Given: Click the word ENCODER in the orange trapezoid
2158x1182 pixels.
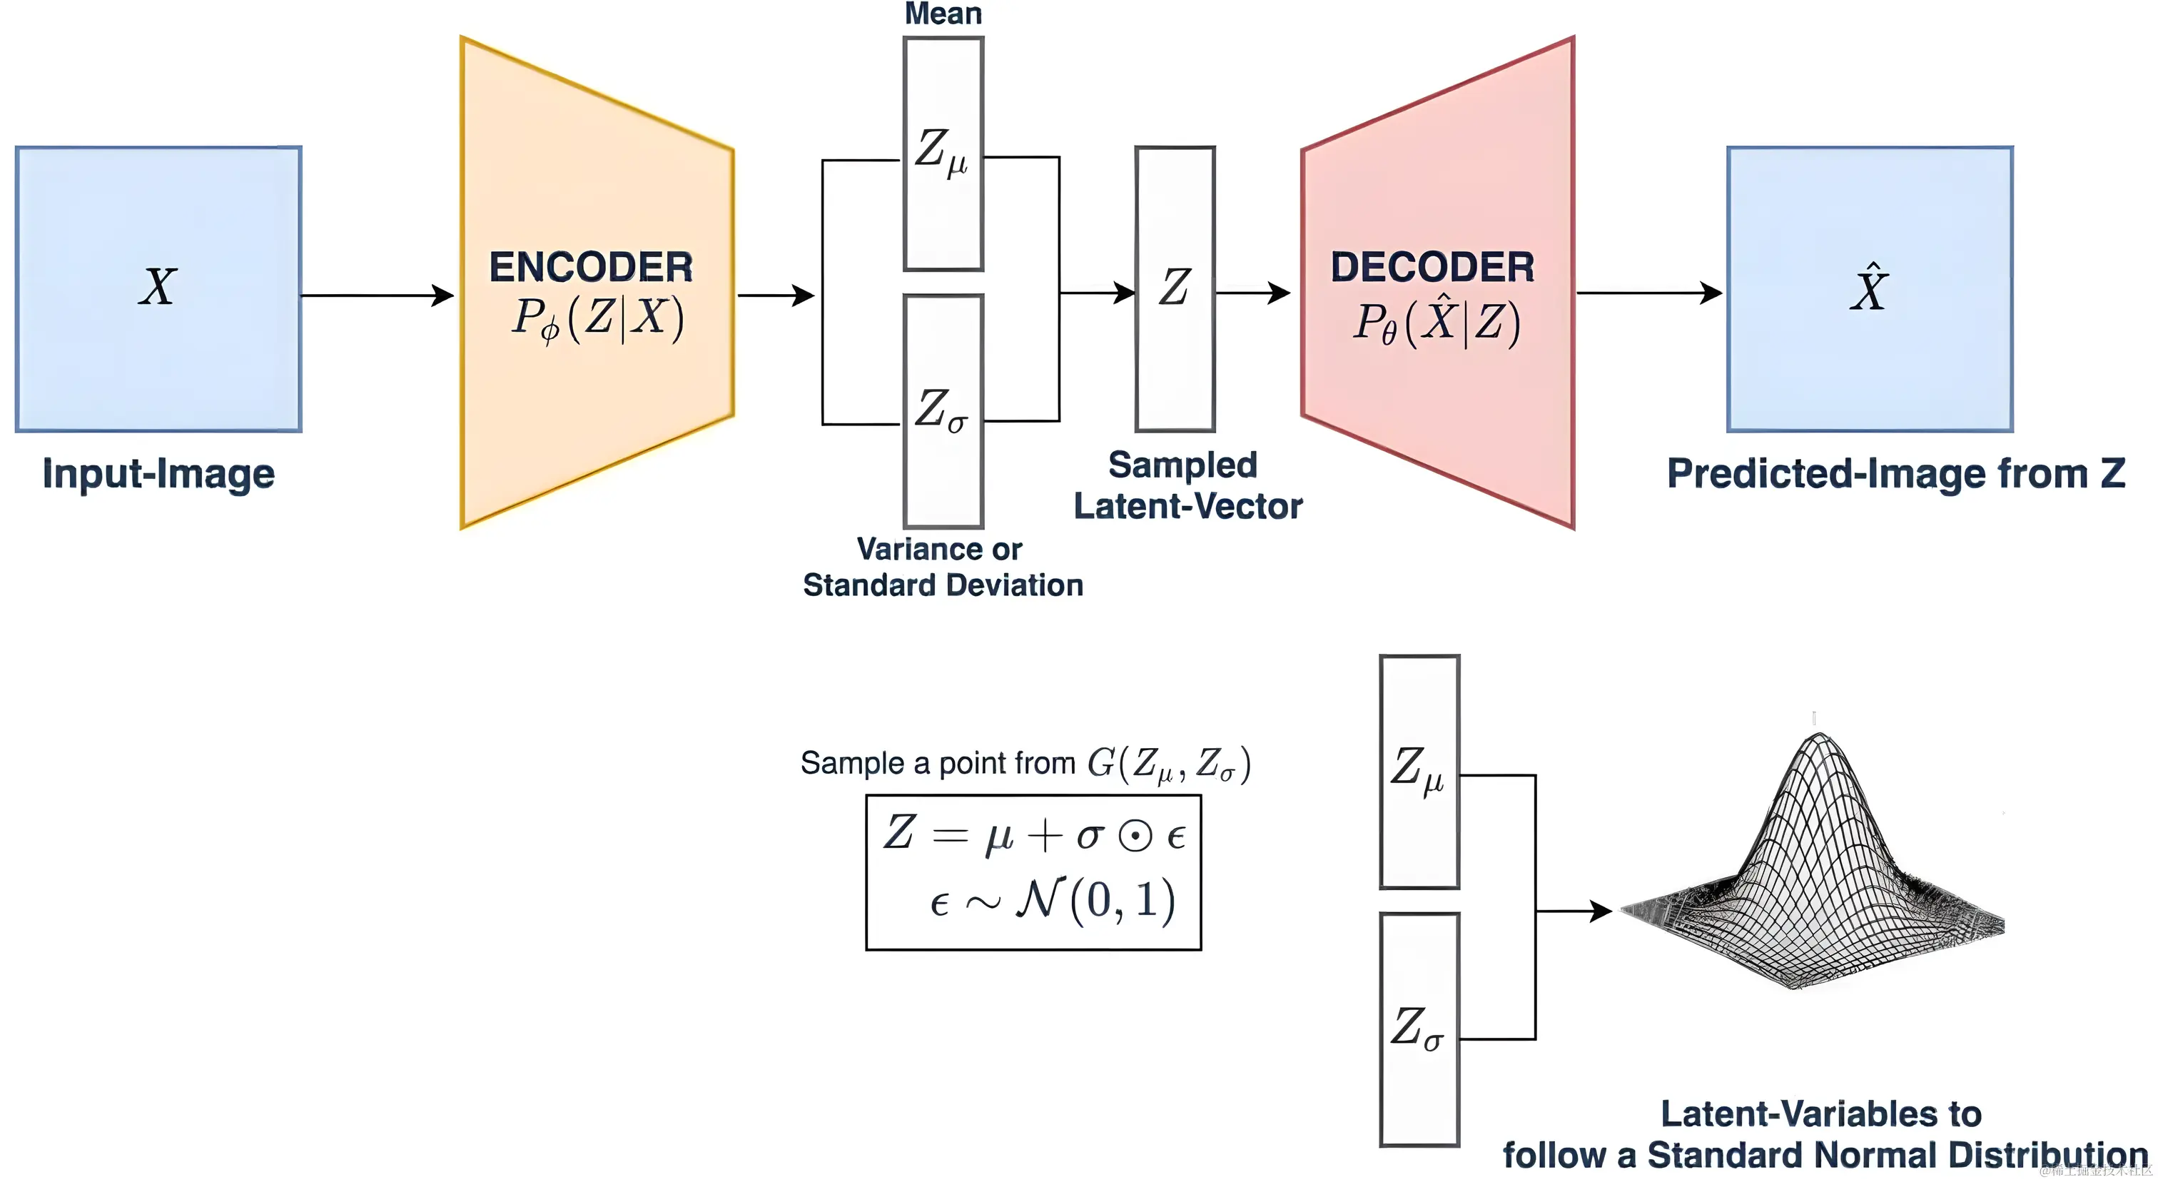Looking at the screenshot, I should pyautogui.click(x=591, y=267).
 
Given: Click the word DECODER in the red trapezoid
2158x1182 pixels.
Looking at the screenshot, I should pyautogui.click(x=1432, y=267).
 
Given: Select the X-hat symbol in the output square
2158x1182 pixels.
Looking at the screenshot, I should pyautogui.click(x=1869, y=289).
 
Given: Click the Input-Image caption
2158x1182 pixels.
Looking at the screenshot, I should pyautogui.click(x=158, y=473).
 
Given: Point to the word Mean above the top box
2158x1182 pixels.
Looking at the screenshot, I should pyautogui.click(x=943, y=14).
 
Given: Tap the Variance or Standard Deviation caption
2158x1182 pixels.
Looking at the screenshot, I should pyautogui.click(x=943, y=567).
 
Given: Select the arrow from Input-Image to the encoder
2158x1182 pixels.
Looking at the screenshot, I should pyautogui.click(x=377, y=295).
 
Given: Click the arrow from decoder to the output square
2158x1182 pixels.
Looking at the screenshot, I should pyautogui.click(x=1648, y=293).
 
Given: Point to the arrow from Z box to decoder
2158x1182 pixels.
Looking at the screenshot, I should pyautogui.click(x=1253, y=293).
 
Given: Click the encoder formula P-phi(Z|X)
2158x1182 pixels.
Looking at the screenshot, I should pyautogui.click(x=597, y=319).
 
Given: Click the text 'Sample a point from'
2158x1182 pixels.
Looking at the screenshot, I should pyautogui.click(x=938, y=763).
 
